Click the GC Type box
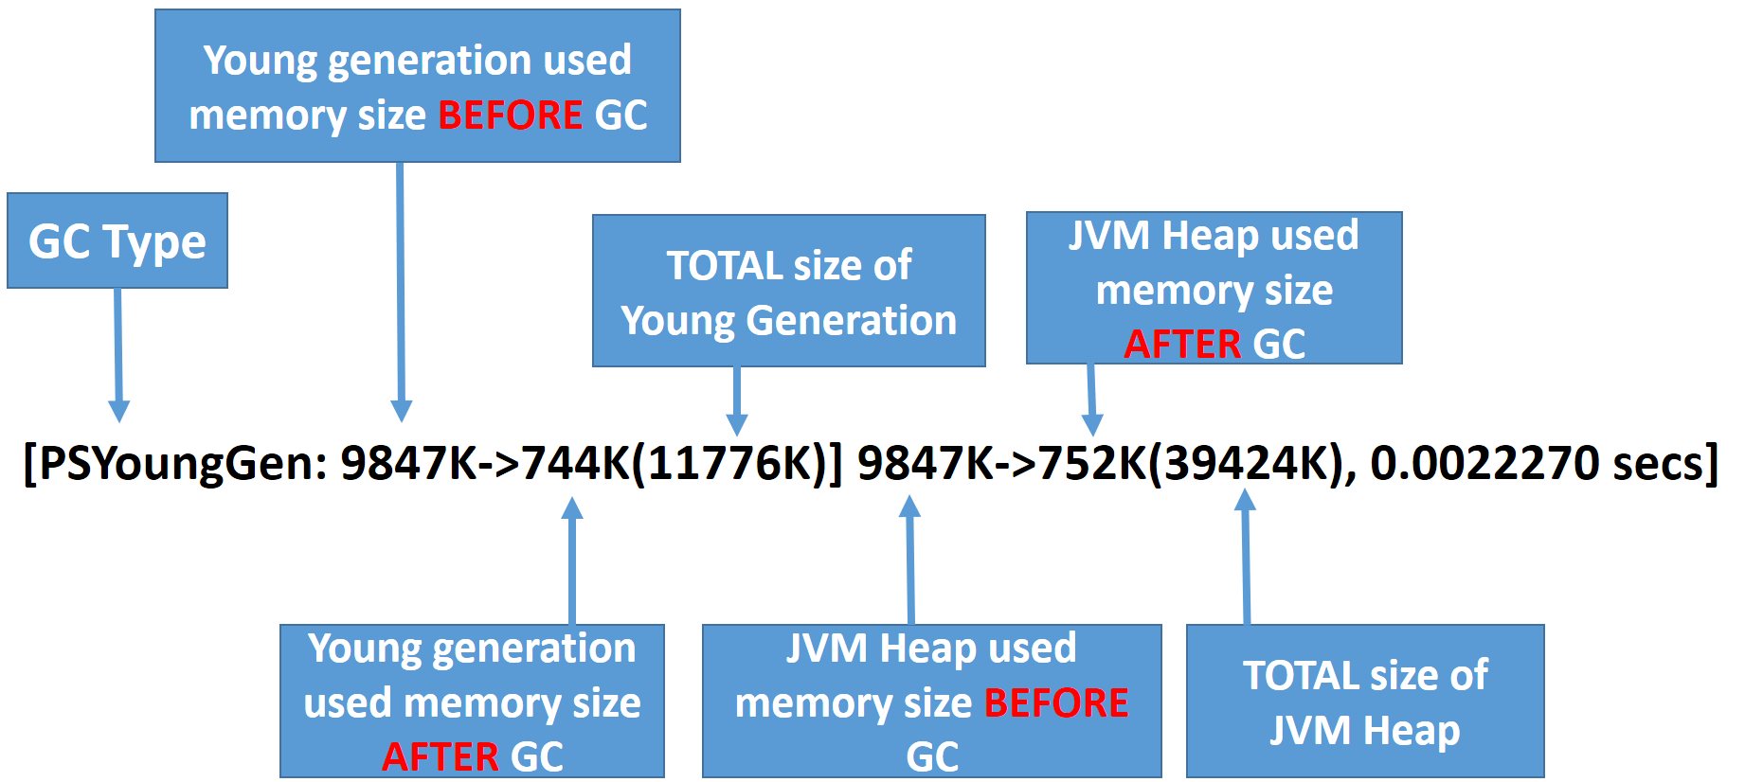[117, 240]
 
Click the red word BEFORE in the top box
[511, 116]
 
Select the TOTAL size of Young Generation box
[789, 291]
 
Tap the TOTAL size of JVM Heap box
[1365, 701]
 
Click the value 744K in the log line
[575, 463]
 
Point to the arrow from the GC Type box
[118, 355]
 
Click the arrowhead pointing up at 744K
[572, 508]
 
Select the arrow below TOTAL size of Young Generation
[737, 401]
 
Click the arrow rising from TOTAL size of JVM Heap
[1246, 557]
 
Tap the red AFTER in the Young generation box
[441, 756]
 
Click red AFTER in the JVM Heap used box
[1182, 344]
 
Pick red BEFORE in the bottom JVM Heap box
[1056, 702]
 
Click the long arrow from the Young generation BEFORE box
[401, 292]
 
